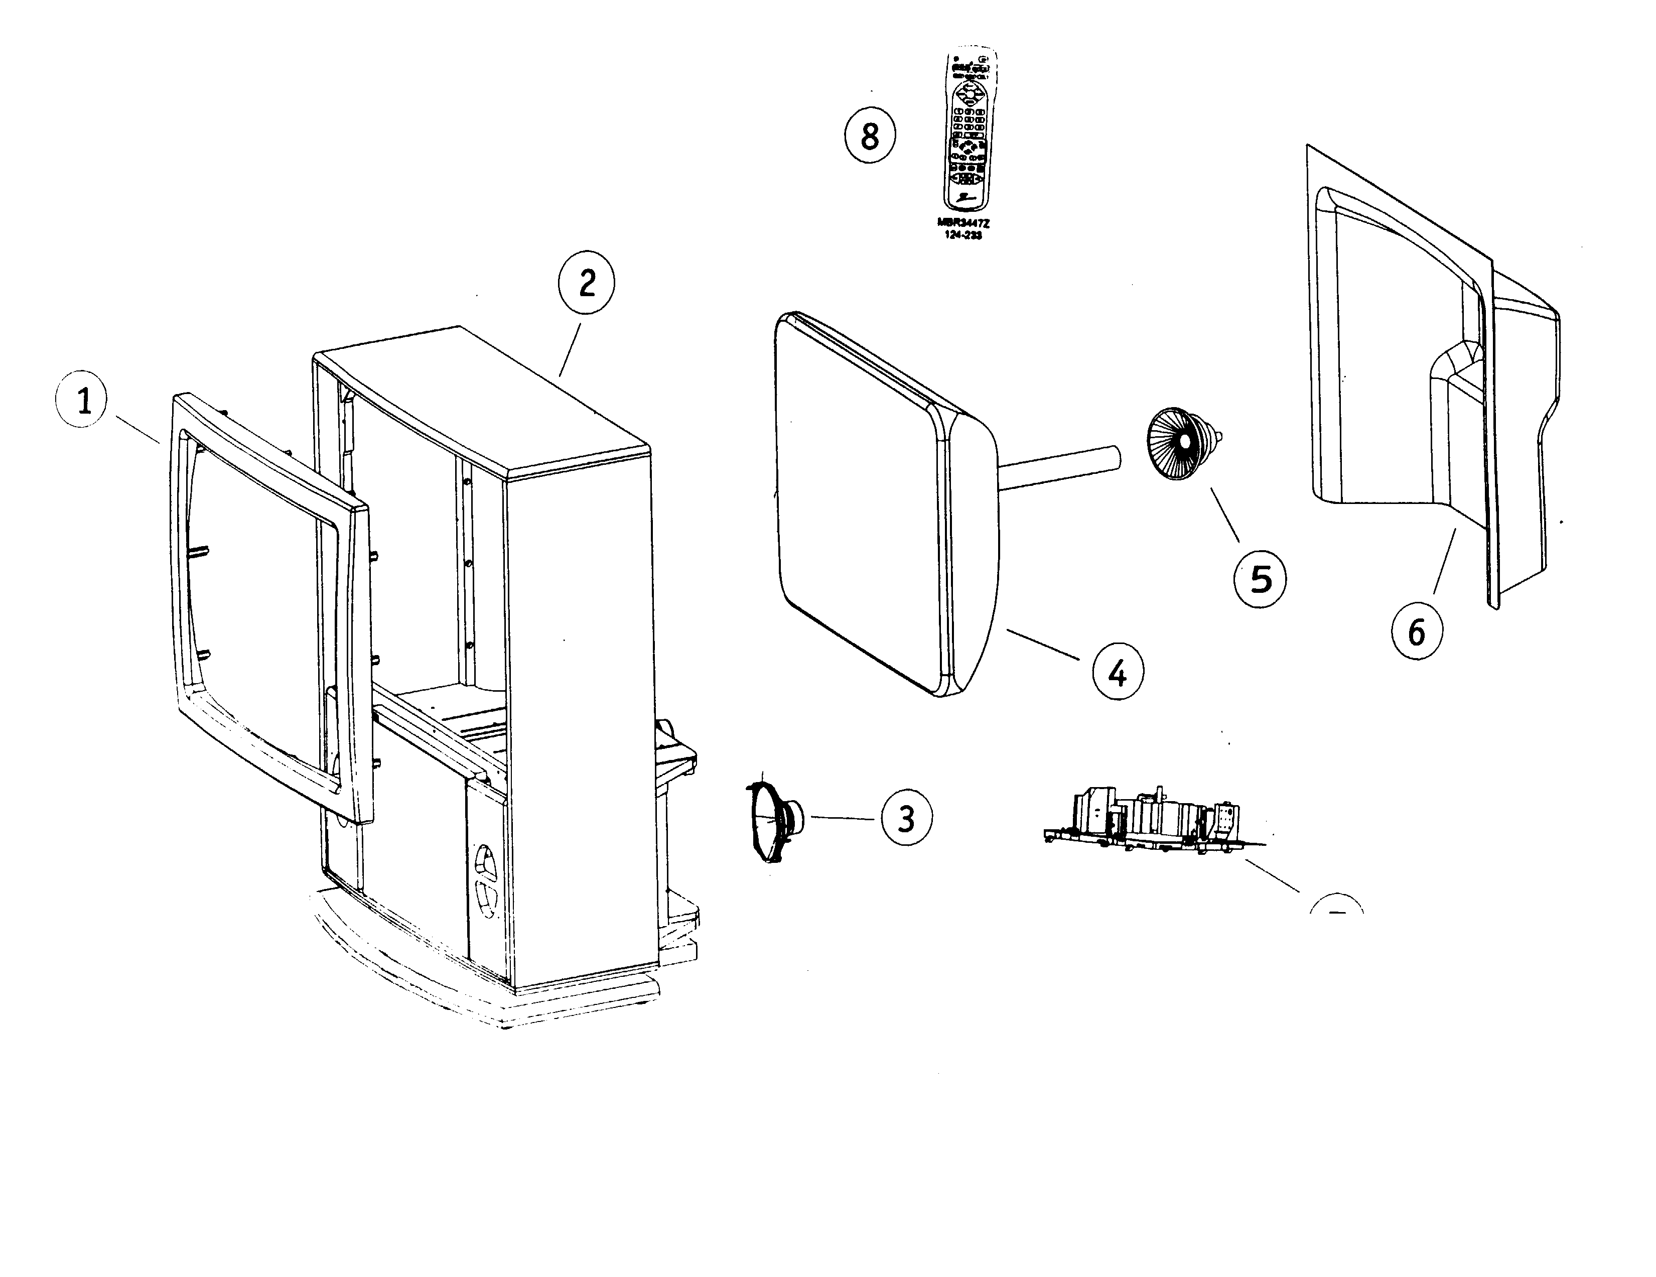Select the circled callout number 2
coord(586,284)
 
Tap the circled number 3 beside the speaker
coord(906,818)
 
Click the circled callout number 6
coord(1417,631)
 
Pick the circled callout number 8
coord(870,137)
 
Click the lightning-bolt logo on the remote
coord(965,198)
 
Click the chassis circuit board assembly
coord(1153,823)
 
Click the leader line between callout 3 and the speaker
coord(843,818)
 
